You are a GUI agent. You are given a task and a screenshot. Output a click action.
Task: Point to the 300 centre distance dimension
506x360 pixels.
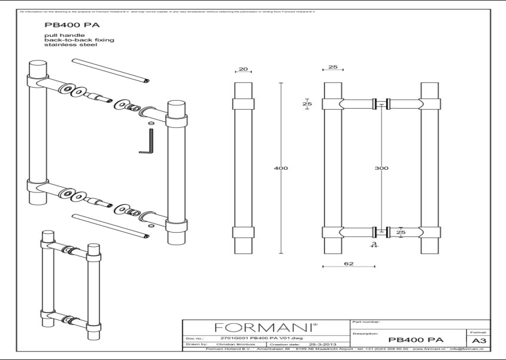pos(382,168)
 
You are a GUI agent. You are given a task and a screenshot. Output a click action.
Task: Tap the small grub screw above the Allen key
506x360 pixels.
pos(151,122)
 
